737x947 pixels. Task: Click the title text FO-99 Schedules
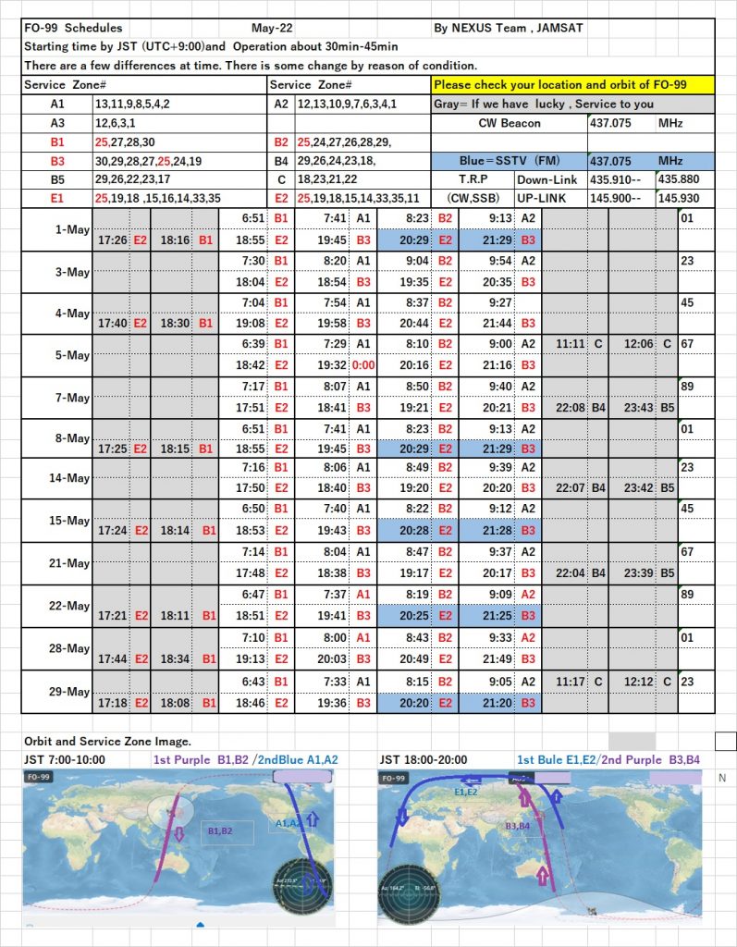[x=73, y=29]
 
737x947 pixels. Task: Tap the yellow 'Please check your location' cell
[x=573, y=85]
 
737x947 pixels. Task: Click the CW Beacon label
[x=510, y=123]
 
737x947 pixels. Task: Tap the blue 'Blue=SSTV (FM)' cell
[x=510, y=161]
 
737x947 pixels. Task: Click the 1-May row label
[x=71, y=229]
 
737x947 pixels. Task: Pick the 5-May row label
[x=71, y=356]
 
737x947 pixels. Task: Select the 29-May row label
[x=71, y=693]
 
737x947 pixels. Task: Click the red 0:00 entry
[x=362, y=365]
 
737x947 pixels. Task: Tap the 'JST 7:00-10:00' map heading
[x=65, y=759]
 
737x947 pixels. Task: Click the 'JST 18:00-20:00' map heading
[x=426, y=759]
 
